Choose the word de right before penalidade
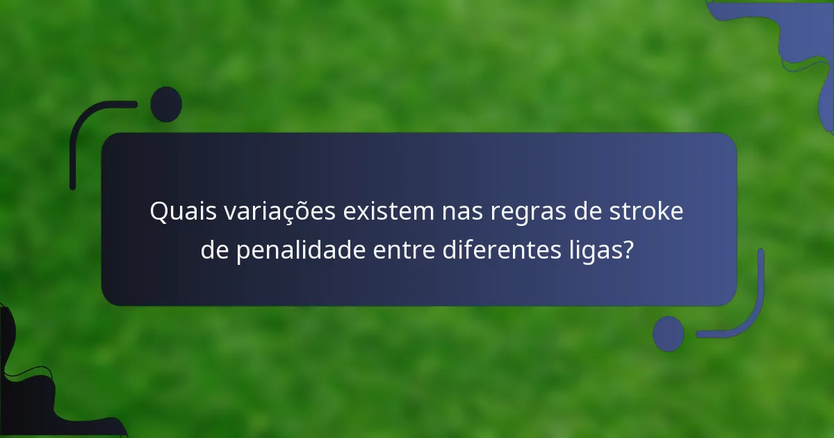pyautogui.click(x=215, y=250)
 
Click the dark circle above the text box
pyautogui.click(x=166, y=104)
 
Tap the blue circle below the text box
pyautogui.click(x=668, y=333)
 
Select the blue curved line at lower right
pyautogui.click(x=751, y=313)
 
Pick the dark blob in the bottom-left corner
pyautogui.click(x=28, y=396)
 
